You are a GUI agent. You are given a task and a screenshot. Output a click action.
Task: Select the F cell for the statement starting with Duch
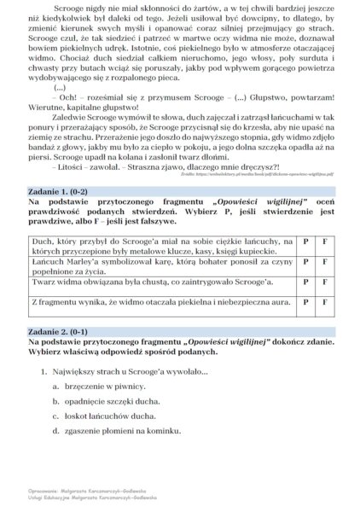[325, 241]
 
